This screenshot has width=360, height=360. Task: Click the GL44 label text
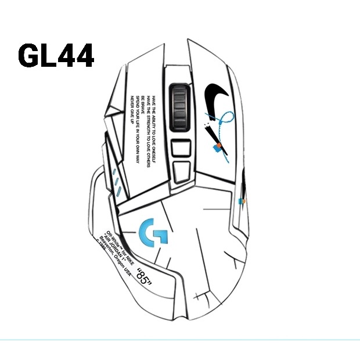(x=56, y=56)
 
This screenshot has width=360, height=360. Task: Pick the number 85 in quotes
(x=143, y=275)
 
